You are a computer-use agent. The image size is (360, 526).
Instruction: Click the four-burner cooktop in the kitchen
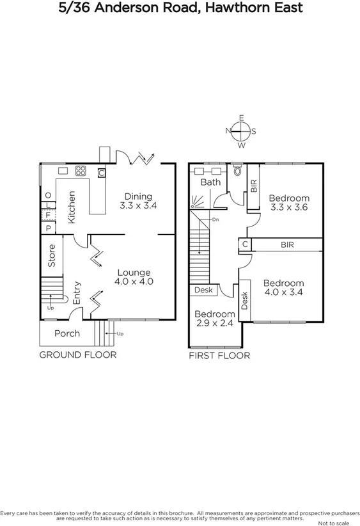tap(81, 171)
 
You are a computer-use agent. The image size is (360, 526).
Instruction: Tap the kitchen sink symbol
tap(63, 171)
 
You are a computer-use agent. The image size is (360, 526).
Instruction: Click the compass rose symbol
tap(241, 132)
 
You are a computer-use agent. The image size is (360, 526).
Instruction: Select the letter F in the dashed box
tap(48, 214)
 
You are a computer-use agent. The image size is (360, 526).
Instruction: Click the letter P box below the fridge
tap(48, 228)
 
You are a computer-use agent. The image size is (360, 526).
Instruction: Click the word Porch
tap(67, 333)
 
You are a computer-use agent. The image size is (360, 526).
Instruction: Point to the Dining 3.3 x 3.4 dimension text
tap(138, 202)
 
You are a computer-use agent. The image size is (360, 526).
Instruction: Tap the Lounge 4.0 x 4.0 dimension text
tap(134, 276)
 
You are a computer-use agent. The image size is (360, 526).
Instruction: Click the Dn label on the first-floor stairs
tap(216, 219)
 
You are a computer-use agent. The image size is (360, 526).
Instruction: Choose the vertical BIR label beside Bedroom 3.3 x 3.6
tap(254, 186)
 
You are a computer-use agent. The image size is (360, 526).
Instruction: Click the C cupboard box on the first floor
tap(245, 244)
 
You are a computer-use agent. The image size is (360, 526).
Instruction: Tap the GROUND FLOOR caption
tap(78, 355)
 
